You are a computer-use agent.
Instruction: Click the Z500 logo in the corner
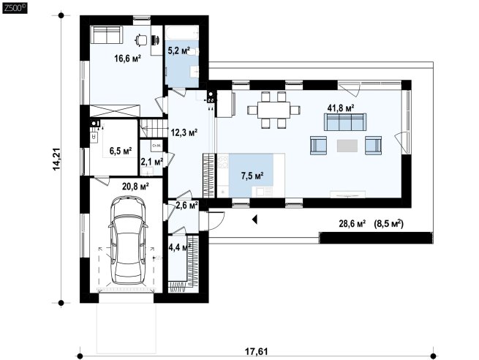tap(15, 7)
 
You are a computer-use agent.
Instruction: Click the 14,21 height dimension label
tap(57, 159)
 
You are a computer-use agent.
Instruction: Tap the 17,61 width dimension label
tap(257, 351)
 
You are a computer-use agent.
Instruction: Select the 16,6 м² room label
tap(127, 58)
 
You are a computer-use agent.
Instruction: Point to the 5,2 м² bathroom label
tap(179, 50)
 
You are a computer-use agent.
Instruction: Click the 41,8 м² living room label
tap(341, 108)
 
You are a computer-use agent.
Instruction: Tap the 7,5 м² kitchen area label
tap(252, 176)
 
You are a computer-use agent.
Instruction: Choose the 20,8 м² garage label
tap(135, 187)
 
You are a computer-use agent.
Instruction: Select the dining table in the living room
tap(274, 110)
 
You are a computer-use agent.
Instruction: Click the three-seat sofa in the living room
tap(345, 121)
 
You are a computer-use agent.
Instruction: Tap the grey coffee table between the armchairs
tap(347, 146)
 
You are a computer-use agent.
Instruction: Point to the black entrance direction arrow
tap(254, 219)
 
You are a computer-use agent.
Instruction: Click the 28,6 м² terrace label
tap(352, 224)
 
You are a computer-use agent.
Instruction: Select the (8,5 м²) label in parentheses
tap(388, 224)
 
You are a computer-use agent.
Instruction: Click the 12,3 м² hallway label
tap(184, 132)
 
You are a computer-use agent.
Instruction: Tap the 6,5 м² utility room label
tap(121, 151)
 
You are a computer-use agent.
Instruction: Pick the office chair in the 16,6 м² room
tap(141, 40)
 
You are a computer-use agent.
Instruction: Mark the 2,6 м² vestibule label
tap(186, 206)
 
